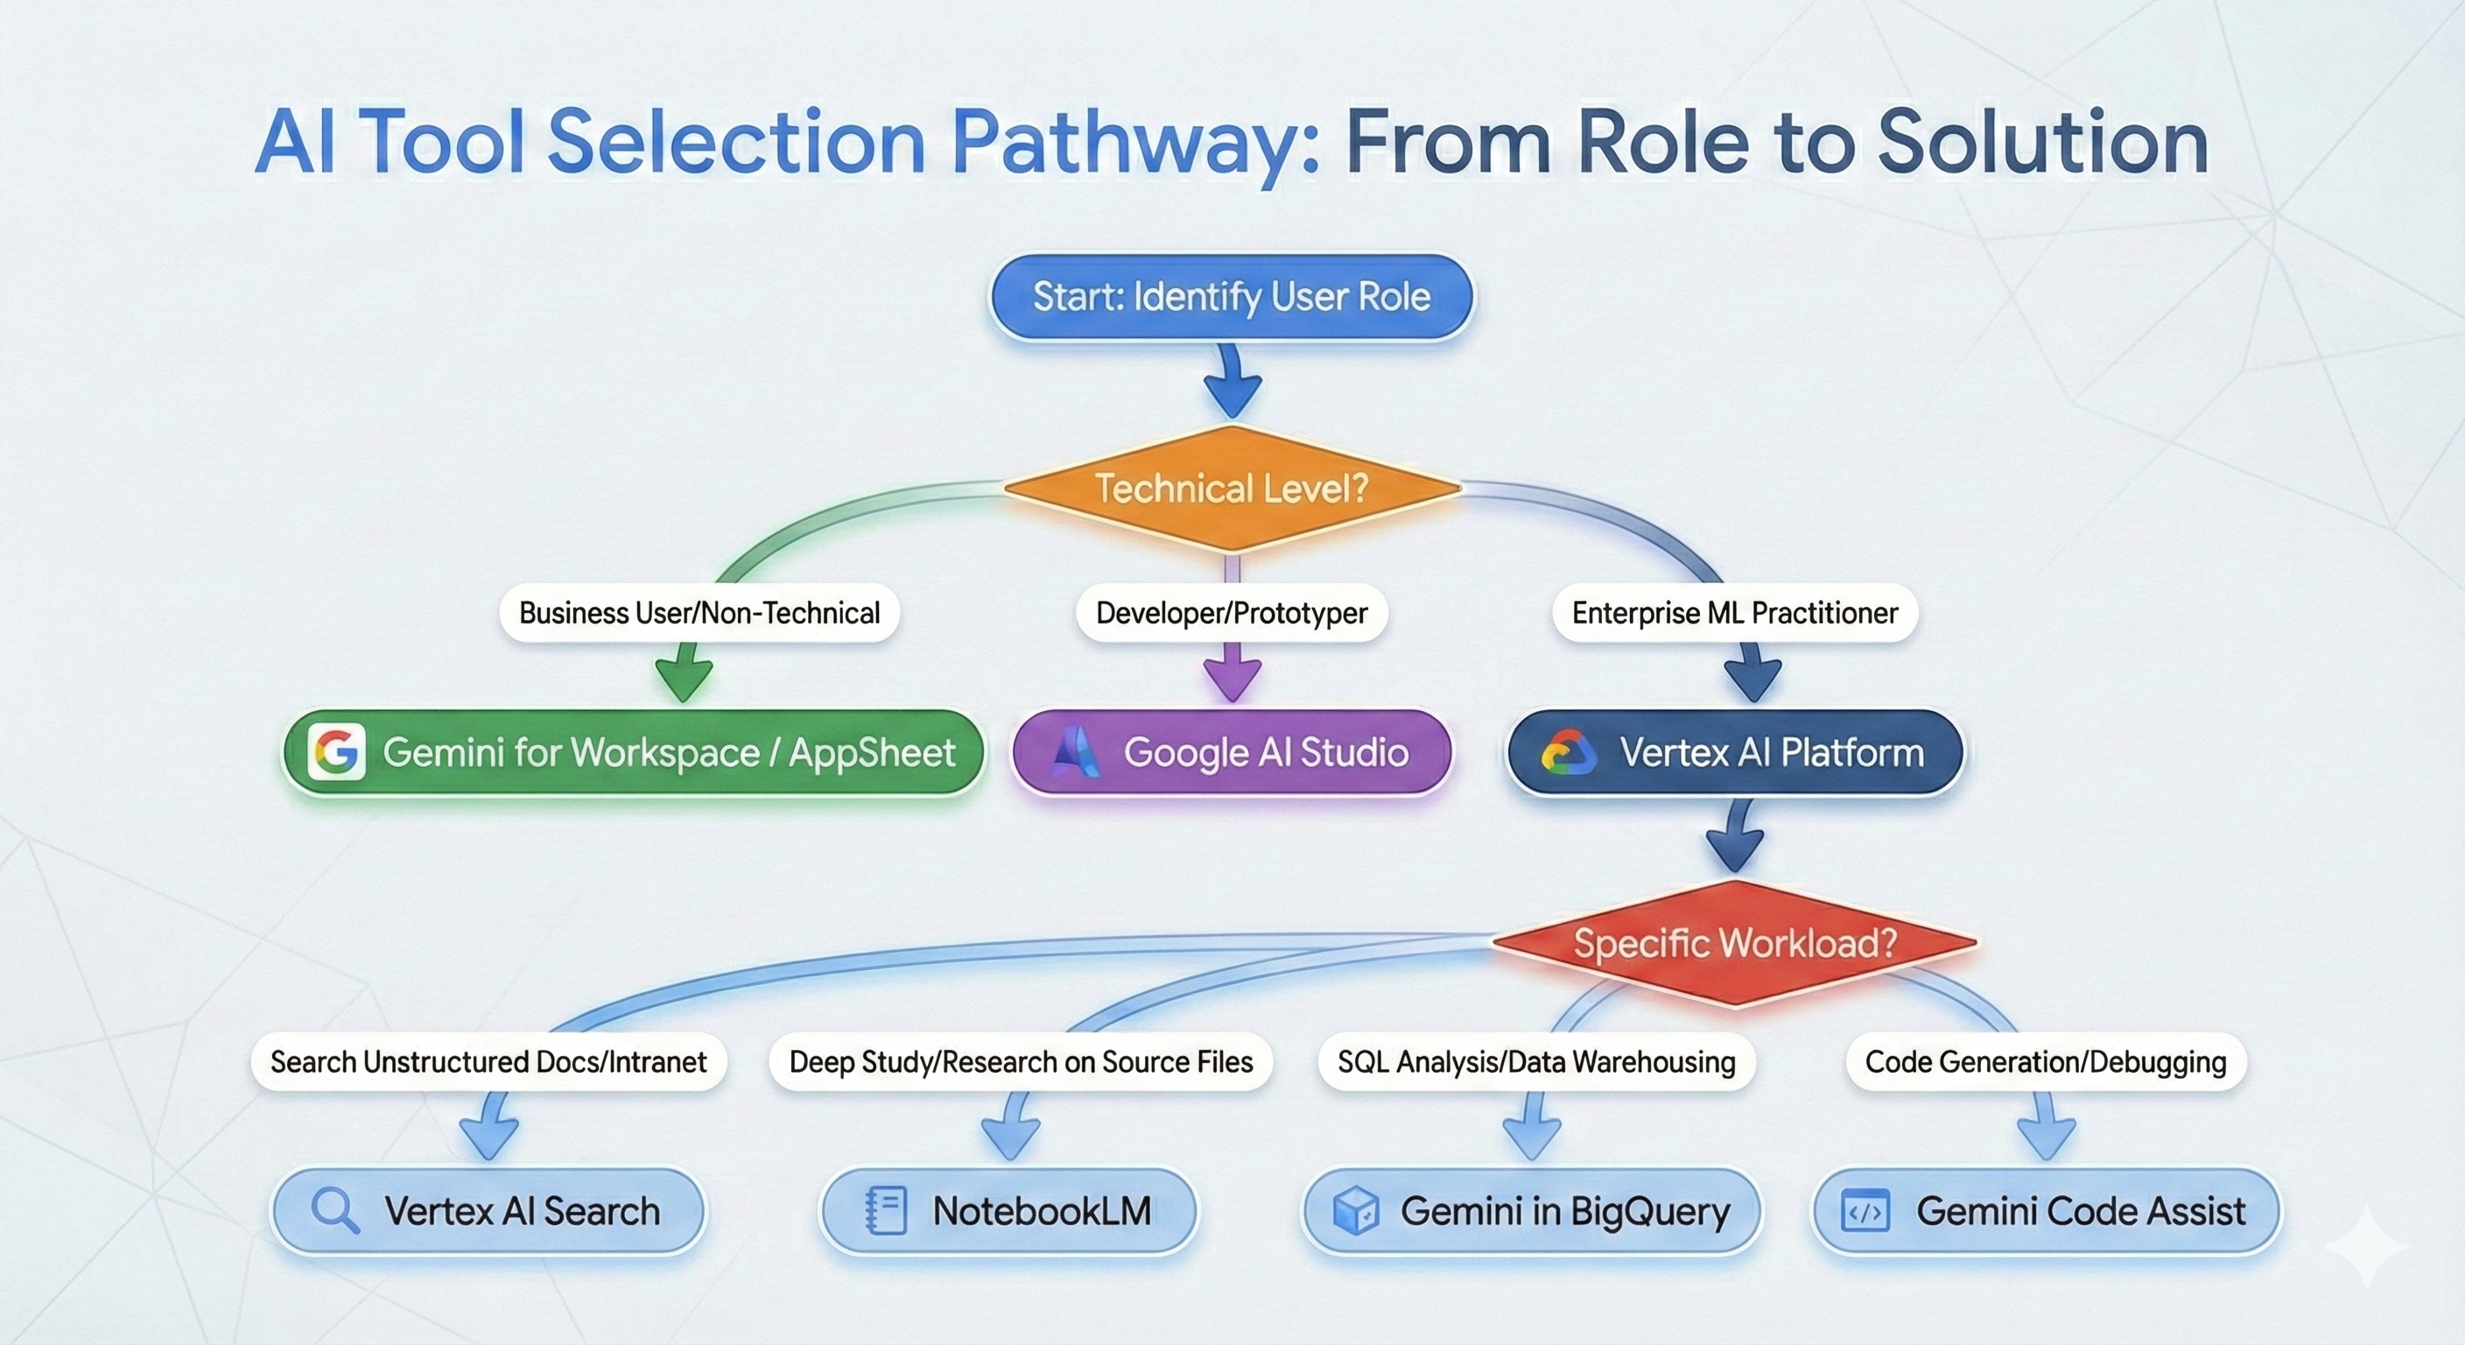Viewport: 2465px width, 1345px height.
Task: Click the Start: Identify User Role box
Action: coord(1232,297)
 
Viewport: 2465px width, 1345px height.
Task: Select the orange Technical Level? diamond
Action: coord(1232,489)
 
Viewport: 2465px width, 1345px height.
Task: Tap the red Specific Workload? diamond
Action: coord(1734,944)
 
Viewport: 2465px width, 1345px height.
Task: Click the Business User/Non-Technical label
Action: coord(699,613)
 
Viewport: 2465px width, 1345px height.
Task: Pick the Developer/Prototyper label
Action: coord(1232,613)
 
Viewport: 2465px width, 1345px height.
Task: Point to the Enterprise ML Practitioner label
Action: coord(1734,613)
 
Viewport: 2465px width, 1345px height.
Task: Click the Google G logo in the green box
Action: coord(336,752)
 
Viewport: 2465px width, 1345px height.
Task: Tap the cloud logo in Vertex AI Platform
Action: coord(1569,752)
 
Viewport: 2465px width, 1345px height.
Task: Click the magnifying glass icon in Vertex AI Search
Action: coord(335,1211)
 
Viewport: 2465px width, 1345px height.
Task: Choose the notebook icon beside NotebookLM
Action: coord(885,1211)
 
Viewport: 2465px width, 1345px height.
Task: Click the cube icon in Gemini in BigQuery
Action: coord(1355,1211)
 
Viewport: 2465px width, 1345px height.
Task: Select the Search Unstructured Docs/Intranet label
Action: coord(488,1061)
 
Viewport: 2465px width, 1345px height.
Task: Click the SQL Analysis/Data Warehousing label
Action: coord(1536,1061)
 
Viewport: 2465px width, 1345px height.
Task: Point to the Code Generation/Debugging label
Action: coord(2045,1061)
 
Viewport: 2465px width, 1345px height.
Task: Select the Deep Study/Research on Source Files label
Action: coord(1020,1061)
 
